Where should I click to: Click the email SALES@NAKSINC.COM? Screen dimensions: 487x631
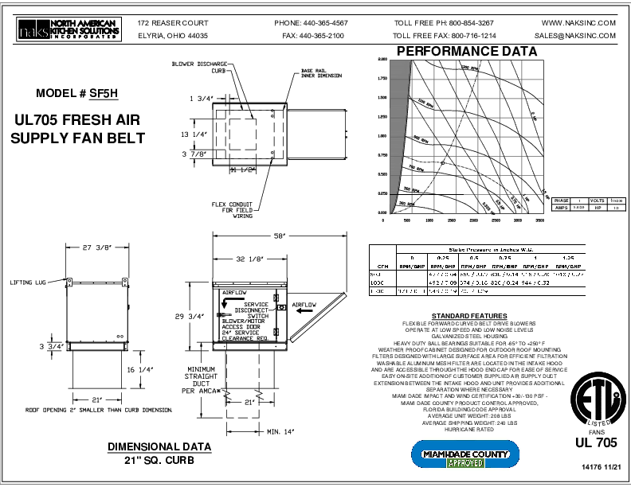[575, 36]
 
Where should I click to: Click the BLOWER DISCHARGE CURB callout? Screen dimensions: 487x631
[201, 66]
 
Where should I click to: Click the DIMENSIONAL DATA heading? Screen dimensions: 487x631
[159, 446]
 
